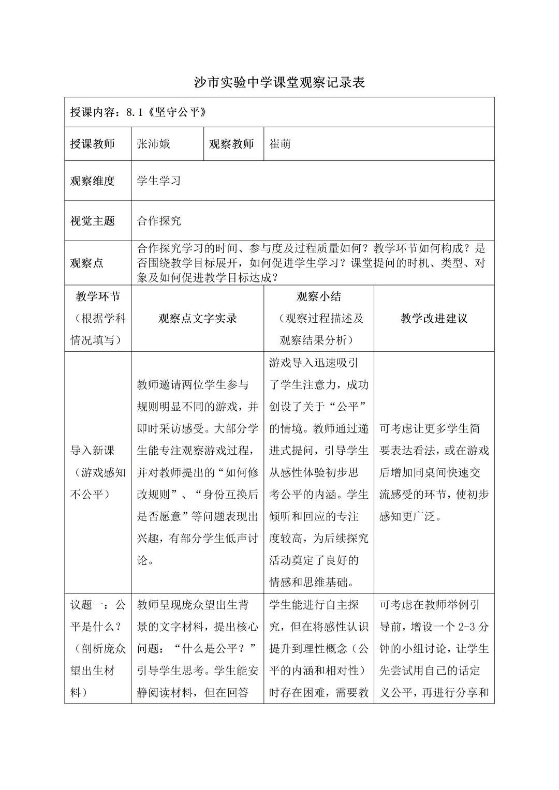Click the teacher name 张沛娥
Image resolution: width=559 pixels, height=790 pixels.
[x=153, y=144]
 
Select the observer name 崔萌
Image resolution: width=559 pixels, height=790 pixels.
[x=280, y=144]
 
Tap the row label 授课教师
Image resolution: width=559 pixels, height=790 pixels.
[x=93, y=144]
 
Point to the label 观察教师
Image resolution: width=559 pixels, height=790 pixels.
[x=231, y=144]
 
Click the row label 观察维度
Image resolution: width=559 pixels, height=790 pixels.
[x=93, y=181]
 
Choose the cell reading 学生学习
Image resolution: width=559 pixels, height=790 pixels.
[x=159, y=181]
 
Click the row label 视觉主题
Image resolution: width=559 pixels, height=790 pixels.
[x=93, y=221]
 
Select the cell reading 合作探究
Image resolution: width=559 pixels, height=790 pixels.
[x=159, y=221]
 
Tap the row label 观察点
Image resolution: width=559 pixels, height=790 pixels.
[x=87, y=263]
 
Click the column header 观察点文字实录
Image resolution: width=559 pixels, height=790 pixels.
[x=198, y=319]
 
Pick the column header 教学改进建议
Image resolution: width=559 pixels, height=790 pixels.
[x=434, y=319]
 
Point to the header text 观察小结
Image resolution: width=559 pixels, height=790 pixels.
[x=319, y=296]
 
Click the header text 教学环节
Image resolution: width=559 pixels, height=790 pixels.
[x=98, y=296]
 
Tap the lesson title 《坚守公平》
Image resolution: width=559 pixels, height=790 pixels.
[x=178, y=112]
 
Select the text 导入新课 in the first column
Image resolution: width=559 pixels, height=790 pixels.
[x=93, y=451]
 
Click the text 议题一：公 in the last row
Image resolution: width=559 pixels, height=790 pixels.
[x=98, y=605]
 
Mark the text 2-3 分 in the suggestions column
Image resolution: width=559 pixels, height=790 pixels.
[x=473, y=627]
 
